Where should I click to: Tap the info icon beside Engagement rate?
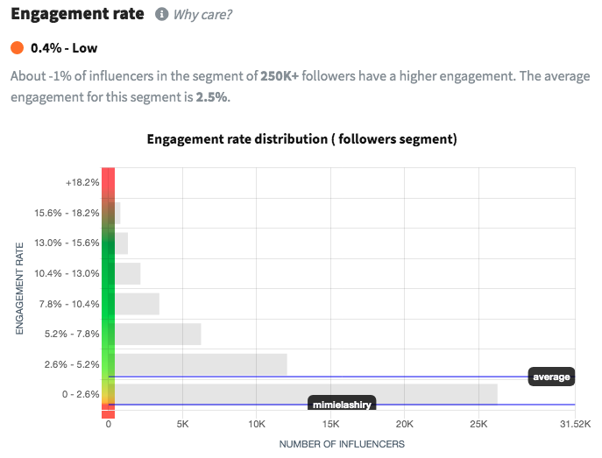click(161, 15)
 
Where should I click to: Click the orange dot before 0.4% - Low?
click(17, 47)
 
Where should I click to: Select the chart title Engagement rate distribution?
click(302, 139)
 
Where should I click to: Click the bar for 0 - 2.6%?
click(305, 394)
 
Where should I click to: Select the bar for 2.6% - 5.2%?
click(200, 364)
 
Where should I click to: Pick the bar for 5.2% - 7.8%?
click(157, 334)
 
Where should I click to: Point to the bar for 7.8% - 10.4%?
click(137, 304)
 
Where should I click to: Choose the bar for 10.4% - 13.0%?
click(127, 273)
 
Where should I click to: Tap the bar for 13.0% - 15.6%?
click(121, 243)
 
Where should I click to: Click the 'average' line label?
click(551, 377)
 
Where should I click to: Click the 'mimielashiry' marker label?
click(343, 405)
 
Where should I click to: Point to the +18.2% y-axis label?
click(82, 183)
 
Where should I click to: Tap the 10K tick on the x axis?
click(257, 425)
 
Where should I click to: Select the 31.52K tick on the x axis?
click(575, 425)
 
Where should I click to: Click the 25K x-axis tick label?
click(478, 425)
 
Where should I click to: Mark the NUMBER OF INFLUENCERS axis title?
click(342, 444)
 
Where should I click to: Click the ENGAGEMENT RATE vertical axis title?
click(19, 289)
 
